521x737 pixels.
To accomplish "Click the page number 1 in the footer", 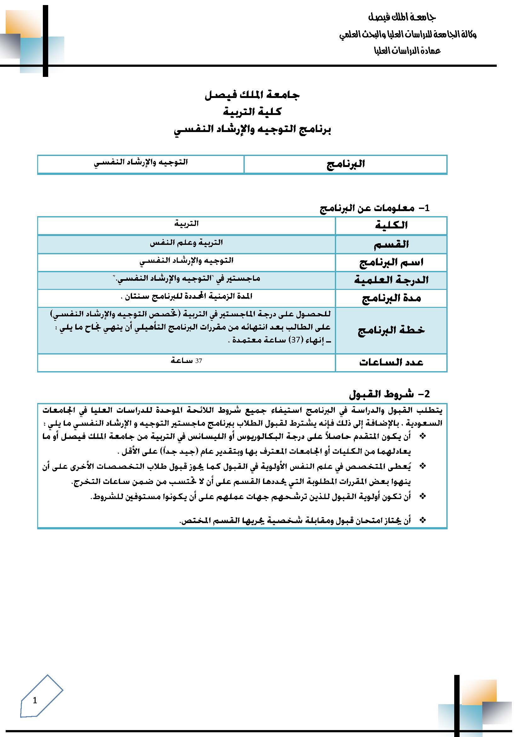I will (x=35, y=700).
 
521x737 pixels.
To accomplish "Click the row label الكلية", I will (x=391, y=225).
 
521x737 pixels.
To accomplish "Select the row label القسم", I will (x=391, y=244).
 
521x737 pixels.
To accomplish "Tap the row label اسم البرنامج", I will (x=391, y=262).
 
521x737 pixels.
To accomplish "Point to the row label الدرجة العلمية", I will (x=391, y=280).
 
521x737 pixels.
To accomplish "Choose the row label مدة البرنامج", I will (x=391, y=298).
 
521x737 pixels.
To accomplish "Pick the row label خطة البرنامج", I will (x=391, y=330).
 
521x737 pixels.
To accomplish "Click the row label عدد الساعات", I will (x=391, y=362).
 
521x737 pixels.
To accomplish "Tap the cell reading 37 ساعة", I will (x=186, y=361).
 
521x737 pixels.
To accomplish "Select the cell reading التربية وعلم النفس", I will (x=186, y=243).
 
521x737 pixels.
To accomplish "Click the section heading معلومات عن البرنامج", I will (x=368, y=208).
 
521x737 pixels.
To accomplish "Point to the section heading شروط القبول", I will (x=381, y=394).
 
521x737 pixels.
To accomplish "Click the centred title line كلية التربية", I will (x=252, y=112).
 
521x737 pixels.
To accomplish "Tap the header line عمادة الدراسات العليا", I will (x=407, y=50).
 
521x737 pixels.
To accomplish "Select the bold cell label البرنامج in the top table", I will (x=346, y=164).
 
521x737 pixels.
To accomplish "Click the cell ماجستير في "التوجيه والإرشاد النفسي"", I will (x=186, y=279).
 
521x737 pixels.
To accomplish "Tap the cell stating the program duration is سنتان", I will (x=186, y=296).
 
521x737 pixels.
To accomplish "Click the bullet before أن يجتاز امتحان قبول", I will (x=423, y=520).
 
